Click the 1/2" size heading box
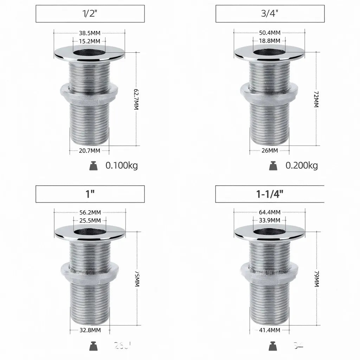[x=90, y=14]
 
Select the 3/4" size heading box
[x=270, y=14]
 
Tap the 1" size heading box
[x=90, y=194]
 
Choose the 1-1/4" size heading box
[x=270, y=194]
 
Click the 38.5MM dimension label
[x=90, y=33]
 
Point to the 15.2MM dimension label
[x=90, y=41]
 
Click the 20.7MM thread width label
[x=89, y=150]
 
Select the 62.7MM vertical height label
[x=136, y=99]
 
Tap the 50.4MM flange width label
[x=270, y=33]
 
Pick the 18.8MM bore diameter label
[x=270, y=41]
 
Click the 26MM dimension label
[x=269, y=150]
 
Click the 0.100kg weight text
[x=122, y=166]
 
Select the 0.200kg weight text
[x=302, y=166]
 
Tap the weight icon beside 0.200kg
[x=273, y=166]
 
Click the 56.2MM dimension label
[x=90, y=212]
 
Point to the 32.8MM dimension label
[x=90, y=330]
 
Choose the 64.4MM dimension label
[x=270, y=212]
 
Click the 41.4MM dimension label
[x=270, y=330]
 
